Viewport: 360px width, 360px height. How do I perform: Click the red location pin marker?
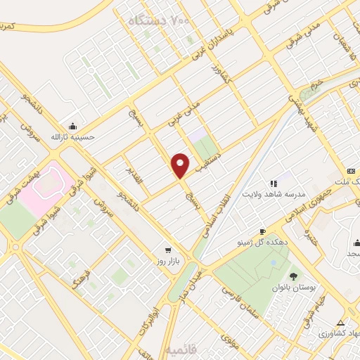181,165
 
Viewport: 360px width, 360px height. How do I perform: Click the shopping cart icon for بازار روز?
167,250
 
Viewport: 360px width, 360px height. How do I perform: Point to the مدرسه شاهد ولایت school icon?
274,184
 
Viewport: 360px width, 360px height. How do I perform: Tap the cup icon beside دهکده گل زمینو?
262,231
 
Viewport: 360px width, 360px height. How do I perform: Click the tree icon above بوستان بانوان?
292,276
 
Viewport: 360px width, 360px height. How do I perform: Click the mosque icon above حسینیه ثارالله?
71,125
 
